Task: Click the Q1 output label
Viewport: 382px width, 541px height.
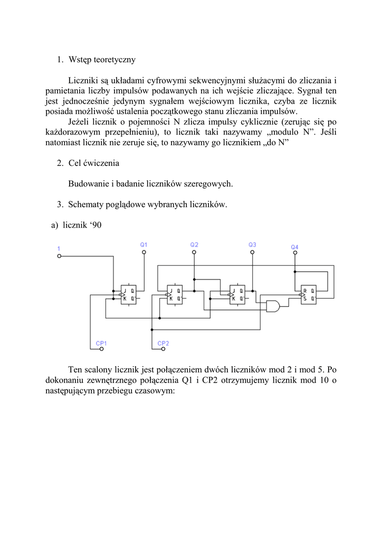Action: (x=144, y=245)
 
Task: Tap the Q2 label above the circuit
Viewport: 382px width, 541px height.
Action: (x=194, y=245)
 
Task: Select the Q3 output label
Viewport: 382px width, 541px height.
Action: (x=252, y=245)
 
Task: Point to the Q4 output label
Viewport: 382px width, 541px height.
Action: (x=294, y=247)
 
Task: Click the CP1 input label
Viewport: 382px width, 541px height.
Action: (x=101, y=343)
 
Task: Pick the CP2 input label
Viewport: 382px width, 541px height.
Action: (x=164, y=343)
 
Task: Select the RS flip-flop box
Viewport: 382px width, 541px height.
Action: (x=308, y=294)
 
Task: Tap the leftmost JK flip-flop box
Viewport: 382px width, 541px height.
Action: (x=128, y=294)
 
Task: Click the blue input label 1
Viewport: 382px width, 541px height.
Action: (x=59, y=248)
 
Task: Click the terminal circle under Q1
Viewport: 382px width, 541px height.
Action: (x=144, y=253)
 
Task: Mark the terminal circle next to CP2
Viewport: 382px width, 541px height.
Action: (x=152, y=349)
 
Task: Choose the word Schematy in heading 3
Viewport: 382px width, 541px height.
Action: (x=85, y=204)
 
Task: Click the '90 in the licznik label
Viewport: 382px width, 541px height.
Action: (x=96, y=225)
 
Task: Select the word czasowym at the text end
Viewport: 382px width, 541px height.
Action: (x=155, y=393)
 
